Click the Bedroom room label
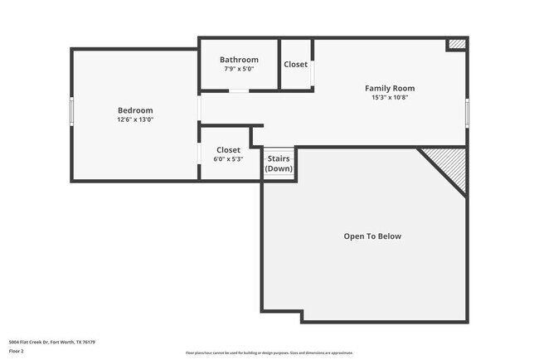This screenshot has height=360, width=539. click(x=134, y=110)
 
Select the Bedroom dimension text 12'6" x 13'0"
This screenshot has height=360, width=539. click(x=134, y=119)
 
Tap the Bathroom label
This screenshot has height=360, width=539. click(x=239, y=60)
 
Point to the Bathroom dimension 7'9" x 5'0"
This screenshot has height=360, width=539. click(x=239, y=69)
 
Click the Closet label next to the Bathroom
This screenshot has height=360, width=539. click(x=295, y=64)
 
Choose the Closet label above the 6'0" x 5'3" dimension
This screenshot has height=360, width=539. click(x=228, y=150)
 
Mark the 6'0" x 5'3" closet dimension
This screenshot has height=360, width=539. click(x=228, y=159)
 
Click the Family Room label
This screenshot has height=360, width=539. click(x=390, y=88)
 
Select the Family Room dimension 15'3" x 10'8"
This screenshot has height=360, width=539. click(x=390, y=97)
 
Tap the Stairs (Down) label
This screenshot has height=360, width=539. click(x=279, y=163)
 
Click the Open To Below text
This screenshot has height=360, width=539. click(x=372, y=236)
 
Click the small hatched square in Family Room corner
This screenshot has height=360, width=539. click(x=457, y=44)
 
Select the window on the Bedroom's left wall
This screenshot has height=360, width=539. click(x=71, y=109)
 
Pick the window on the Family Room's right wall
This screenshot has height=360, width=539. click(x=468, y=110)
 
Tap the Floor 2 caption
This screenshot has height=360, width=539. click(x=17, y=352)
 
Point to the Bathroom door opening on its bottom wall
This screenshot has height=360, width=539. click(x=240, y=90)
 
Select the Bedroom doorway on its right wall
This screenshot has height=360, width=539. click(x=199, y=110)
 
